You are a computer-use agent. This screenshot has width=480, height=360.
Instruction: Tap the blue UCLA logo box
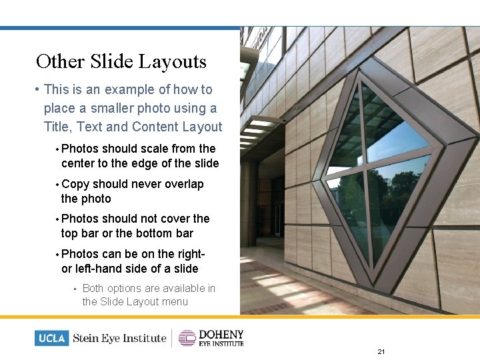(51, 338)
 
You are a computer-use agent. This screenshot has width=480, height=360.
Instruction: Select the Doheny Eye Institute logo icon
(187, 338)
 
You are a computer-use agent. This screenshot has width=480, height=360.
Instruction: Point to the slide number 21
(381, 351)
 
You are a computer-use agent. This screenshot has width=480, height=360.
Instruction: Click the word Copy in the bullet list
(75, 184)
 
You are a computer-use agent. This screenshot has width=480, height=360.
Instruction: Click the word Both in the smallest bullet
(93, 288)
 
